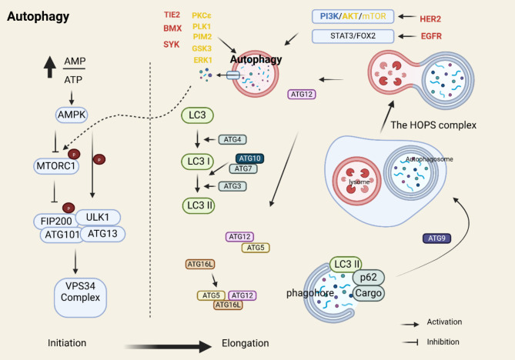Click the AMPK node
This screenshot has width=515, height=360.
point(72,115)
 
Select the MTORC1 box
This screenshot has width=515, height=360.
point(56,166)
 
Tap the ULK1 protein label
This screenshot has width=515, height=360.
point(98,217)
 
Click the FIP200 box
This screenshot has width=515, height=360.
point(56,222)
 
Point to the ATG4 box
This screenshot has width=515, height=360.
point(232,139)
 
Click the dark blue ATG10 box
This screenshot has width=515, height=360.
point(249,158)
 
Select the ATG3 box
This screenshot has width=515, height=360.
point(232,186)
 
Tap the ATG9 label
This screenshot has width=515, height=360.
point(436,238)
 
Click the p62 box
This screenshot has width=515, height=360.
point(369,277)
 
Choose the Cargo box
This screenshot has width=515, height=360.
point(368,293)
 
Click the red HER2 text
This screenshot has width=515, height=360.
point(430,19)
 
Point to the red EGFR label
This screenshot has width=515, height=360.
point(431,36)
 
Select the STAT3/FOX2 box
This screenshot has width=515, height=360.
point(353,36)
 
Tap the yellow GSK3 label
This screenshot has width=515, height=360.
point(202,48)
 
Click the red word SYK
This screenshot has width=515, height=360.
point(172,45)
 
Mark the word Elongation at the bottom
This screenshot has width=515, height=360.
point(246,343)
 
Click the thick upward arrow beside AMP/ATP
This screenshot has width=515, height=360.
point(49,67)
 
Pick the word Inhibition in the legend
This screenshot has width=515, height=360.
point(443,342)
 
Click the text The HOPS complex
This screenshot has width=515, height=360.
point(433,125)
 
